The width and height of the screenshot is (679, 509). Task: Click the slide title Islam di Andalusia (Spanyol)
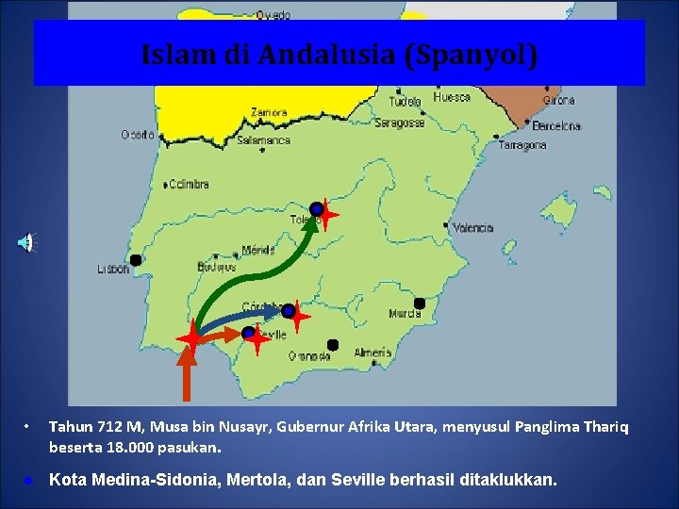[339, 55]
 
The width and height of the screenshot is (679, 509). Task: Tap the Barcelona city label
[556, 125]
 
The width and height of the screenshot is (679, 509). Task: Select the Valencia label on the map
[472, 228]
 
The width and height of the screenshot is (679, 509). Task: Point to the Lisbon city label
[113, 269]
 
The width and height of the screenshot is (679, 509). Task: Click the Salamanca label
[264, 140]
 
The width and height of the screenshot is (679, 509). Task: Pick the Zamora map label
[269, 112]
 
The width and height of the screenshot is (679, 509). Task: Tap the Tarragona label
[522, 146]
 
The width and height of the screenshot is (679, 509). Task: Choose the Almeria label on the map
[373, 353]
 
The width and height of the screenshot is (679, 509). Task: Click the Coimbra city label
[190, 185]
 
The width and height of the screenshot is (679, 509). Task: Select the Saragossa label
[399, 123]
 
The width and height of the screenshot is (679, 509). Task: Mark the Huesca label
[452, 97]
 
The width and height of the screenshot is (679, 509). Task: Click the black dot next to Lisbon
[136, 260]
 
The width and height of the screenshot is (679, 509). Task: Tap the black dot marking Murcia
[420, 304]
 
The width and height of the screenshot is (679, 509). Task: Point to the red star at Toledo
[327, 214]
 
